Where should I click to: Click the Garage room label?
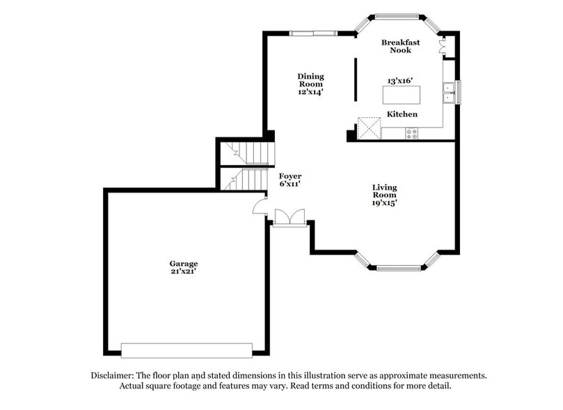[x=184, y=264]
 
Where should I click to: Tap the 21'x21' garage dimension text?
[x=184, y=271]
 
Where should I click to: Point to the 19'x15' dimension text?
[x=384, y=204]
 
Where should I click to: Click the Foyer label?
[x=290, y=176]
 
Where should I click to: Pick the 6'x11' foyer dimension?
[x=290, y=184]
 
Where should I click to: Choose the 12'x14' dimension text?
[x=310, y=91]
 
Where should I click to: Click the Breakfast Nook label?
[x=396, y=46]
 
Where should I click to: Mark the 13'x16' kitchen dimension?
[x=402, y=81]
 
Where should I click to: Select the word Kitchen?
[x=402, y=114]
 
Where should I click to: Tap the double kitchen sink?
[x=450, y=91]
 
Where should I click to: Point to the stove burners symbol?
[x=412, y=132]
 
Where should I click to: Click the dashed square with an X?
[x=369, y=128]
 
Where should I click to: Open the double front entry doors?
[x=290, y=218]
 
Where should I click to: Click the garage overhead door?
[x=187, y=349]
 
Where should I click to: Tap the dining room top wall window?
[x=313, y=33]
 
